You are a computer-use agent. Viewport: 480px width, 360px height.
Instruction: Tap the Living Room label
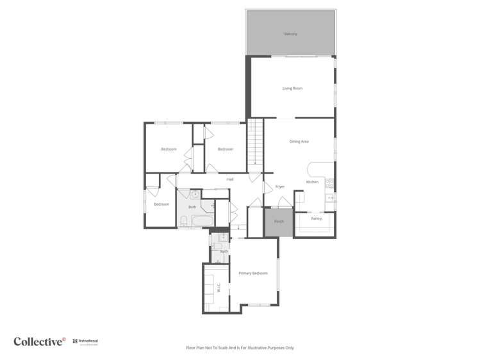(x=292, y=88)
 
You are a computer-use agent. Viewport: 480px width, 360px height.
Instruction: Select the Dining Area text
(x=299, y=142)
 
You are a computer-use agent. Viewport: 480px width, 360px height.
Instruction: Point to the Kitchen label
(x=312, y=182)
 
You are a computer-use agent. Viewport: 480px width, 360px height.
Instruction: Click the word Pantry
(x=316, y=218)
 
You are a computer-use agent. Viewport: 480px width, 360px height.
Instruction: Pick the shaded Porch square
(x=279, y=222)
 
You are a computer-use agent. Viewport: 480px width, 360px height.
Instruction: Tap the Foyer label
(x=280, y=186)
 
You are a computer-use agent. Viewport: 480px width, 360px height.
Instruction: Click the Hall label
(x=229, y=179)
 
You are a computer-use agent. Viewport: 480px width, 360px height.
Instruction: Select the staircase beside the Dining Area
(x=256, y=144)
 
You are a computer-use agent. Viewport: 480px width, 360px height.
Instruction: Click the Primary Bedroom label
(x=252, y=274)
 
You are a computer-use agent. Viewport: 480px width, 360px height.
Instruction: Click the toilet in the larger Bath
(x=183, y=222)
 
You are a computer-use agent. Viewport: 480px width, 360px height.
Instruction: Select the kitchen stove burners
(x=330, y=183)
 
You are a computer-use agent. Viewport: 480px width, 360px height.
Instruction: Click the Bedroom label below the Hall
(x=161, y=204)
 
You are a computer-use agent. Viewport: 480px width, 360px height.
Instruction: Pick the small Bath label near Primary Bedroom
(x=224, y=252)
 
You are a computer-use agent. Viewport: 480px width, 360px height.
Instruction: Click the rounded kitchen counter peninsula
(x=314, y=168)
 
